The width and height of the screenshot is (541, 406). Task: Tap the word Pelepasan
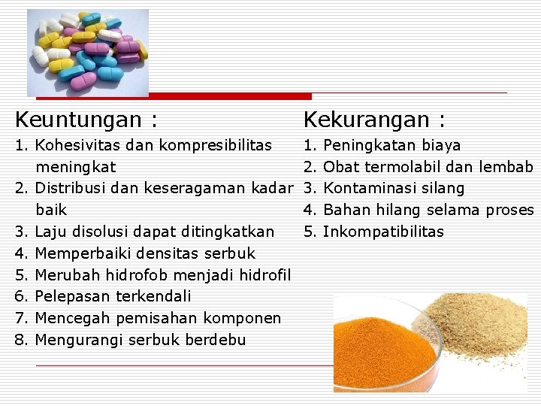(72, 296)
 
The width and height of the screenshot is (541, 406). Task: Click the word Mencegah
(72, 318)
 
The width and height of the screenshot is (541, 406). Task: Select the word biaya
(442, 144)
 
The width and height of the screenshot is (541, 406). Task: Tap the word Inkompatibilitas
(383, 232)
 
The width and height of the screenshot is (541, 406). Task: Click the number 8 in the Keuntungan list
(20, 340)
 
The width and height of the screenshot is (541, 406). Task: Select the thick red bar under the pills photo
(174, 96)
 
